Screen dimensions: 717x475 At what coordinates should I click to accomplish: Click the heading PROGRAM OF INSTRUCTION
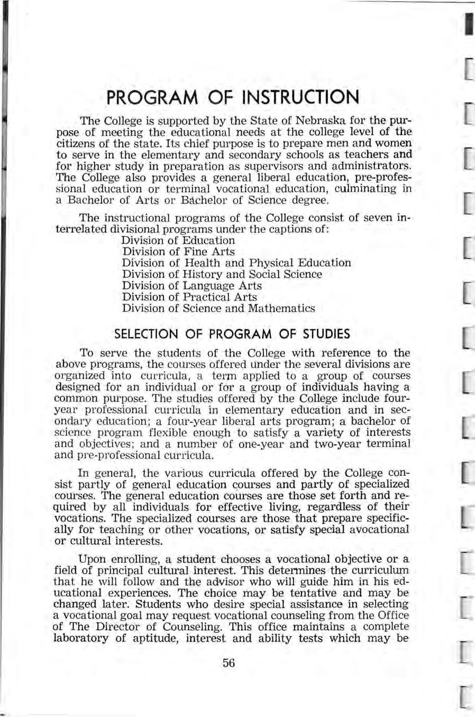point(233,98)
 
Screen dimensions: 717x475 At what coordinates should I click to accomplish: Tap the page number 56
point(229,663)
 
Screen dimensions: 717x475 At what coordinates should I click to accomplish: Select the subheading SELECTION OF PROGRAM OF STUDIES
point(232,334)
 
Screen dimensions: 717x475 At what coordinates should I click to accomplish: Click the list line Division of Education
point(178,240)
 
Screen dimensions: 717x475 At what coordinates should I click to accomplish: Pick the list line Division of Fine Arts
point(178,252)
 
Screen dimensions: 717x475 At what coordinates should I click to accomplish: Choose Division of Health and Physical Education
point(236,263)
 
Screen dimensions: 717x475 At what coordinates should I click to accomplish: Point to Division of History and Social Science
point(222,274)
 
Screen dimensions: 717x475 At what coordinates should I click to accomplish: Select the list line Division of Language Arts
point(191,286)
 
